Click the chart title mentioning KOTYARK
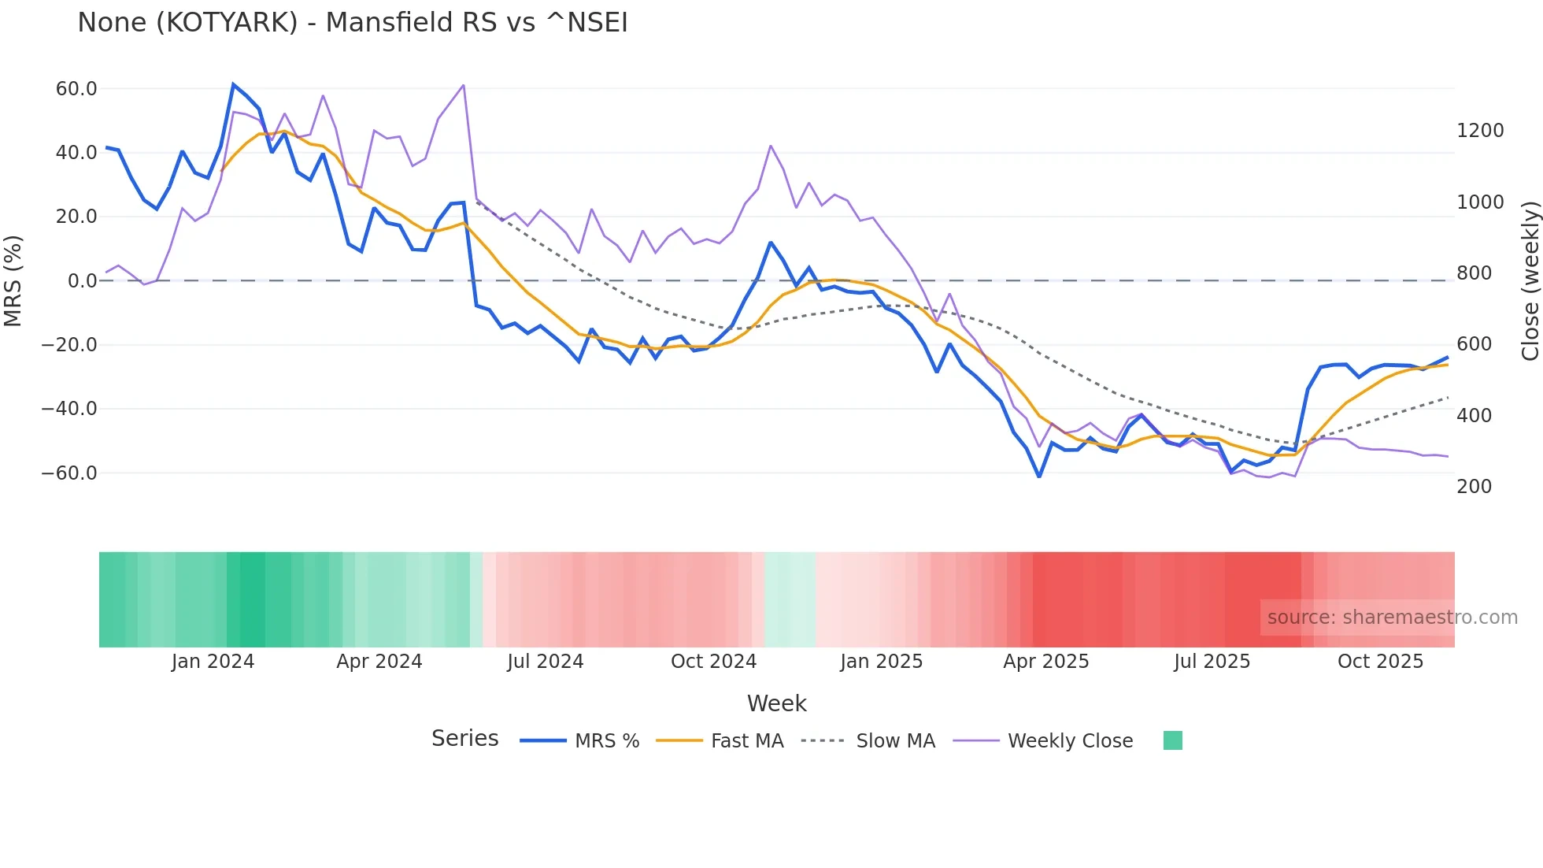point(352,23)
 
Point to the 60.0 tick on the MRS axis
point(76,88)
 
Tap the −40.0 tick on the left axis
point(69,409)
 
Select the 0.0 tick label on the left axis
point(83,280)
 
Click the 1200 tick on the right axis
point(1480,131)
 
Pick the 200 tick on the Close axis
point(1474,487)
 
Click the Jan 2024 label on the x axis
point(213,662)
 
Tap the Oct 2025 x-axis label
point(1380,662)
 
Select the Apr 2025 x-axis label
point(1045,662)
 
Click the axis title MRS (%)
point(13,280)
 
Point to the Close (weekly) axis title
point(1530,280)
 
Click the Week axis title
point(776,703)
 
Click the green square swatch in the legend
point(1172,740)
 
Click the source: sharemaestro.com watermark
point(1392,618)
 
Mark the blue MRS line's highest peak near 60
point(233,84)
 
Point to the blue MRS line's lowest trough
point(1039,477)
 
